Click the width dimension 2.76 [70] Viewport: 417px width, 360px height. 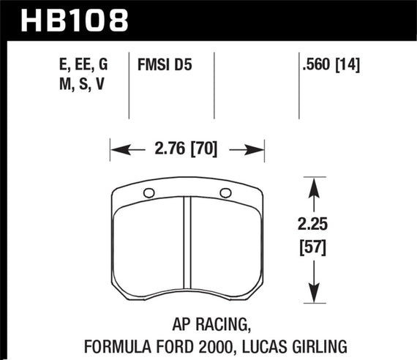pyautogui.click(x=187, y=152)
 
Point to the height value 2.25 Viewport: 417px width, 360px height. pyautogui.click(x=314, y=225)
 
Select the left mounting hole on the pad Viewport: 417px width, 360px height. pyautogui.click(x=149, y=193)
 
